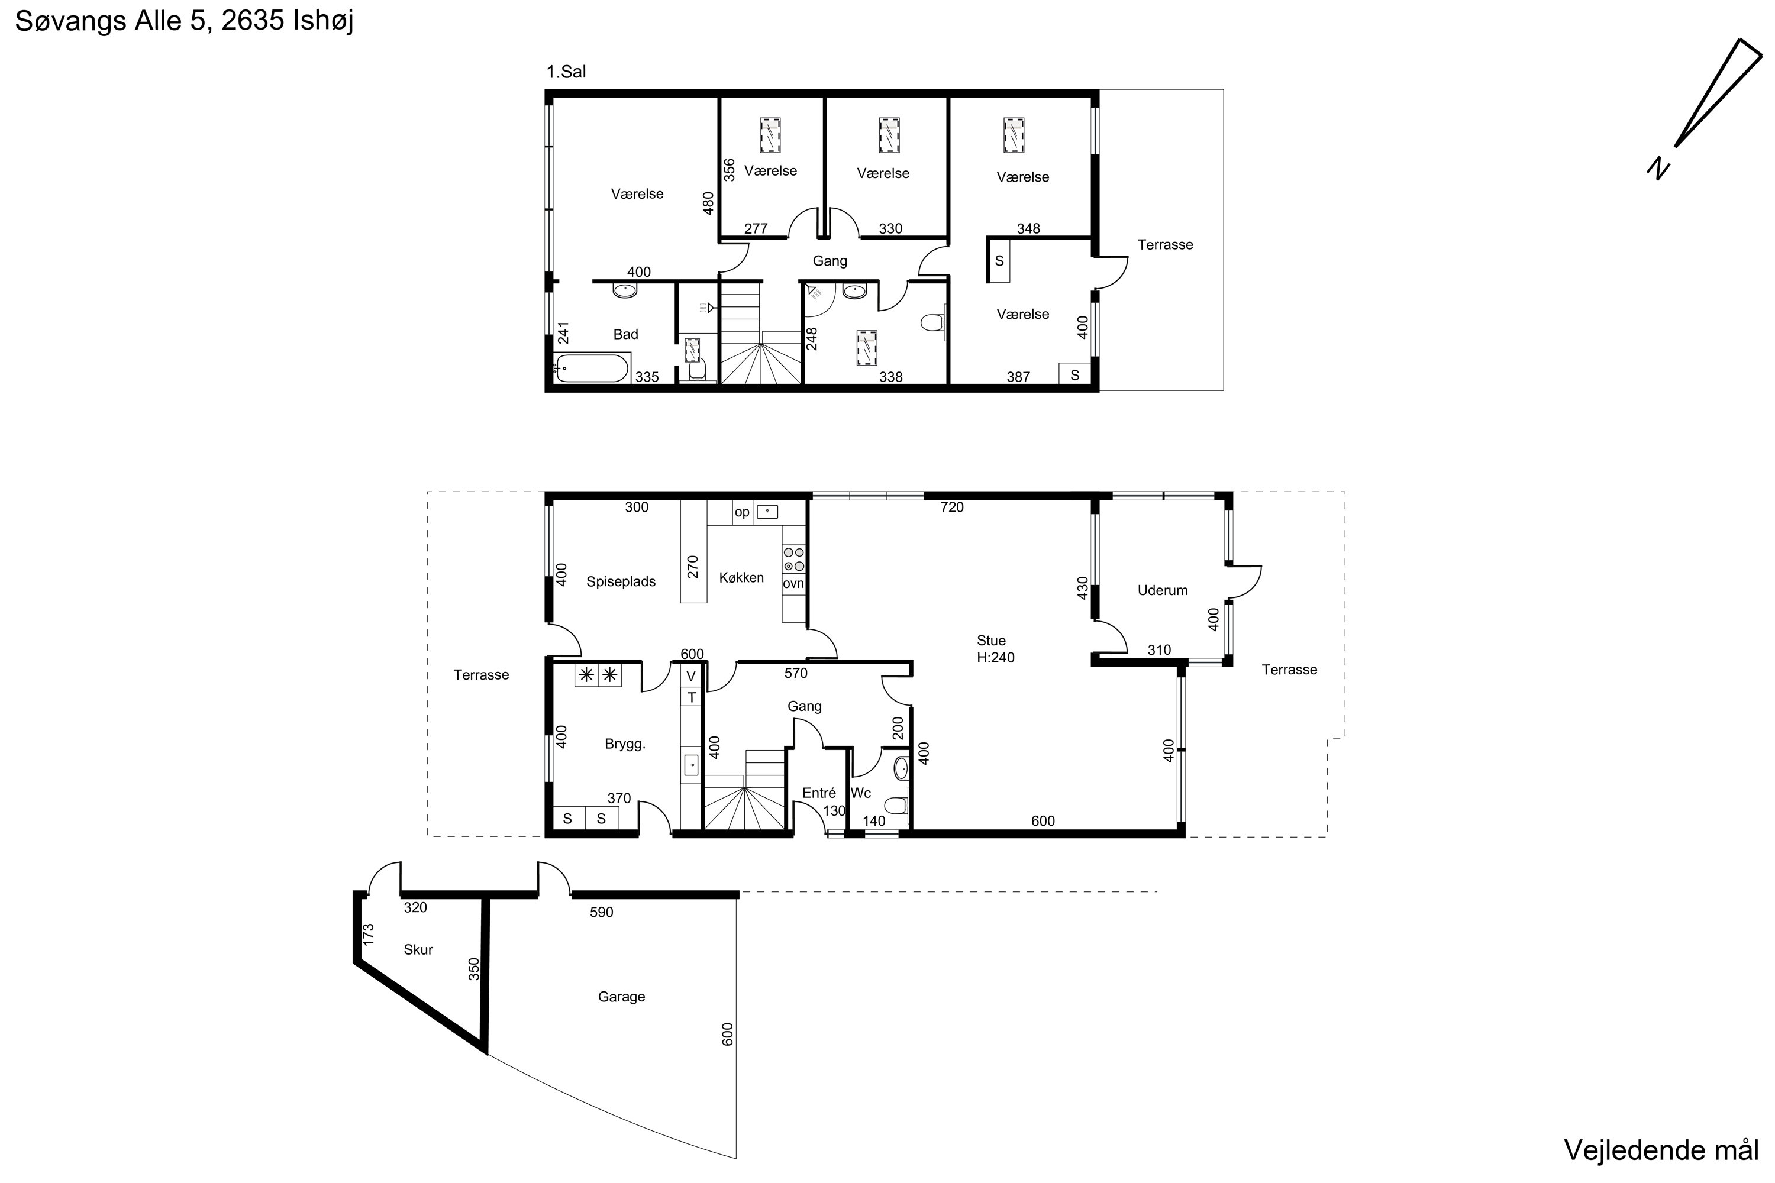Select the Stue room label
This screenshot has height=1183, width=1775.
point(991,641)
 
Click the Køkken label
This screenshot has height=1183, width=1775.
point(741,577)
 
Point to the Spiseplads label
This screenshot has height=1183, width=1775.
point(621,581)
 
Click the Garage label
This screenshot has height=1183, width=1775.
point(621,997)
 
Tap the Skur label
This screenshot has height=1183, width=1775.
point(418,950)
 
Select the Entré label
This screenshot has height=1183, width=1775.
point(819,793)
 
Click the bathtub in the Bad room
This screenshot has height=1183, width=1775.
point(591,370)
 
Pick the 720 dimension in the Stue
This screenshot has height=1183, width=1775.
point(951,508)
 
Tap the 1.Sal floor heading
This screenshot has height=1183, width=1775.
point(566,72)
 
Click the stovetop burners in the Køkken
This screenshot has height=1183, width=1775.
point(794,560)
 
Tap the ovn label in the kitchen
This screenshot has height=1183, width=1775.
point(793,584)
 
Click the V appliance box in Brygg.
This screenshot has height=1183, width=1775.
point(690,676)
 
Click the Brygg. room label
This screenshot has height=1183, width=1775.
point(625,744)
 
